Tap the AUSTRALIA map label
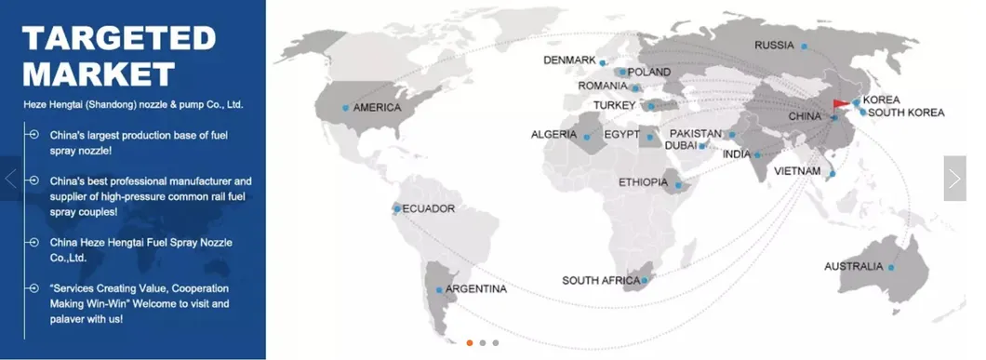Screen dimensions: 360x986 (853, 267)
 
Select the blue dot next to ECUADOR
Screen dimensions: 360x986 (398, 208)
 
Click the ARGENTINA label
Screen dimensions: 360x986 (475, 289)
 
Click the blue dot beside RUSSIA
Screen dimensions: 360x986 (805, 46)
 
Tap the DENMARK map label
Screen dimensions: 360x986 (569, 60)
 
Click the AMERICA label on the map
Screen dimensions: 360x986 (377, 107)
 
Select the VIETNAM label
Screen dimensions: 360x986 (798, 171)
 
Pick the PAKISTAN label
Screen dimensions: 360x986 (696, 134)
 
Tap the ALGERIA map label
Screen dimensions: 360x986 (554, 135)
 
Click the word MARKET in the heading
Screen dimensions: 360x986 (99, 73)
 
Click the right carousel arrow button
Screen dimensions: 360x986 (954, 178)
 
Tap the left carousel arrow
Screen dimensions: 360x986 (11, 178)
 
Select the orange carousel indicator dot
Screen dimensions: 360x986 (470, 342)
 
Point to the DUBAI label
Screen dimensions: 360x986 (682, 146)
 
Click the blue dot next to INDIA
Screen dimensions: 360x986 (758, 154)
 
